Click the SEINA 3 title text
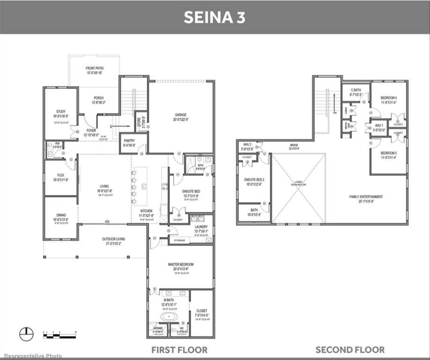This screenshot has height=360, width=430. tap(214, 17)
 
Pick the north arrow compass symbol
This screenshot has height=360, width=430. tap(27, 334)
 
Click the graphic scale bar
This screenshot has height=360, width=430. tap(59, 334)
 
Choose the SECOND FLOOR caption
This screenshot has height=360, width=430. tap(350, 350)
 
